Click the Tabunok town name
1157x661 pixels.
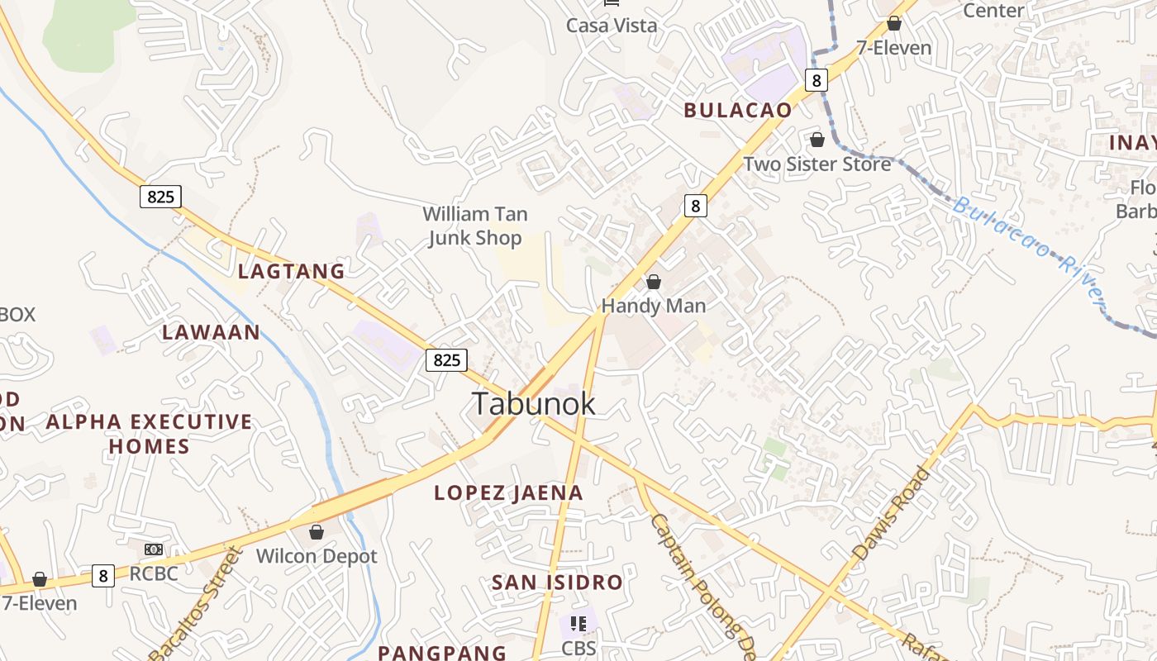pyautogui.click(x=533, y=403)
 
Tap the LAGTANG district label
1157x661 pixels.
pyautogui.click(x=291, y=271)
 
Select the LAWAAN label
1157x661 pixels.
pyautogui.click(x=211, y=332)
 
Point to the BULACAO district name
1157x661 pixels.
pyautogui.click(x=737, y=110)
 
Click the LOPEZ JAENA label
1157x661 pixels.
pyautogui.click(x=508, y=493)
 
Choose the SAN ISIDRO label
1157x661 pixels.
pyautogui.click(x=557, y=583)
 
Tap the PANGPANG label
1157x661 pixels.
pyautogui.click(x=442, y=653)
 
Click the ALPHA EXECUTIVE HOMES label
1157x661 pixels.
pyautogui.click(x=149, y=434)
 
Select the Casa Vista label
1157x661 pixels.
pyautogui.click(x=612, y=26)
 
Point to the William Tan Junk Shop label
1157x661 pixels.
pyautogui.click(x=473, y=226)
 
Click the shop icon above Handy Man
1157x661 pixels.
pyautogui.click(x=654, y=283)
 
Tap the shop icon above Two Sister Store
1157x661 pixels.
pyautogui.click(x=817, y=140)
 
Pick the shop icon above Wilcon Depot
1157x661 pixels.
pyautogui.click(x=316, y=532)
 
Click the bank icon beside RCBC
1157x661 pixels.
pyautogui.click(x=154, y=549)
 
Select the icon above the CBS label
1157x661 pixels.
pyautogui.click(x=578, y=624)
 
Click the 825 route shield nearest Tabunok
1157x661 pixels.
pyautogui.click(x=446, y=359)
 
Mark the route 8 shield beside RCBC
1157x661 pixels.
pyautogui.click(x=102, y=575)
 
